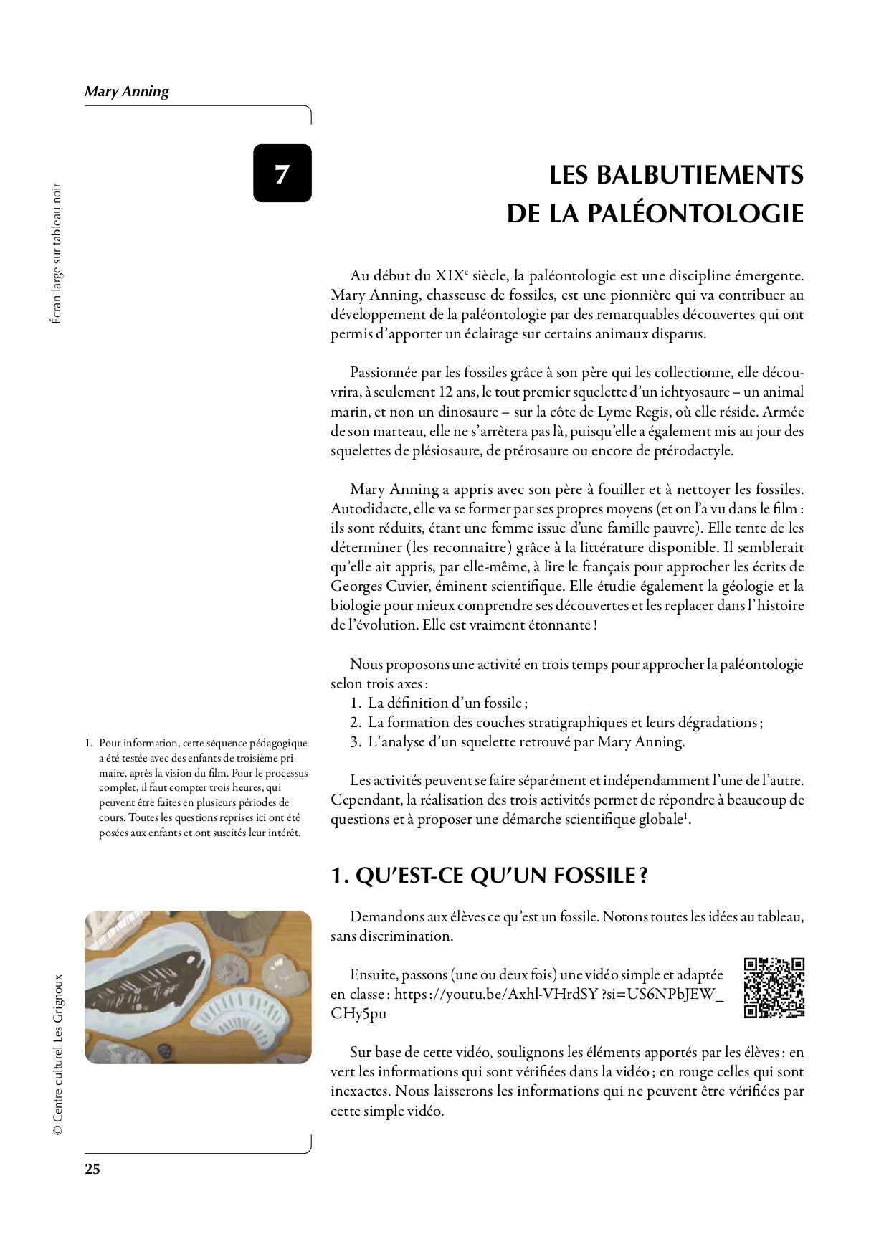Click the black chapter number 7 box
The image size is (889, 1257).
point(282,173)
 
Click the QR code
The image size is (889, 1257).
point(774,987)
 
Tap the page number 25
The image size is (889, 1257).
point(92,1170)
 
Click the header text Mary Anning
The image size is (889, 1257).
point(127,91)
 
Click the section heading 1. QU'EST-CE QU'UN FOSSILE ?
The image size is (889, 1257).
point(489,876)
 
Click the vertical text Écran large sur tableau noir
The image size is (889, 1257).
point(57,254)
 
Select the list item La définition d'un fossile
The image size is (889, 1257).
point(447,703)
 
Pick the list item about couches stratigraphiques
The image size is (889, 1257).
point(564,722)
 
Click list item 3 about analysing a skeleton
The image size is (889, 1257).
point(526,741)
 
